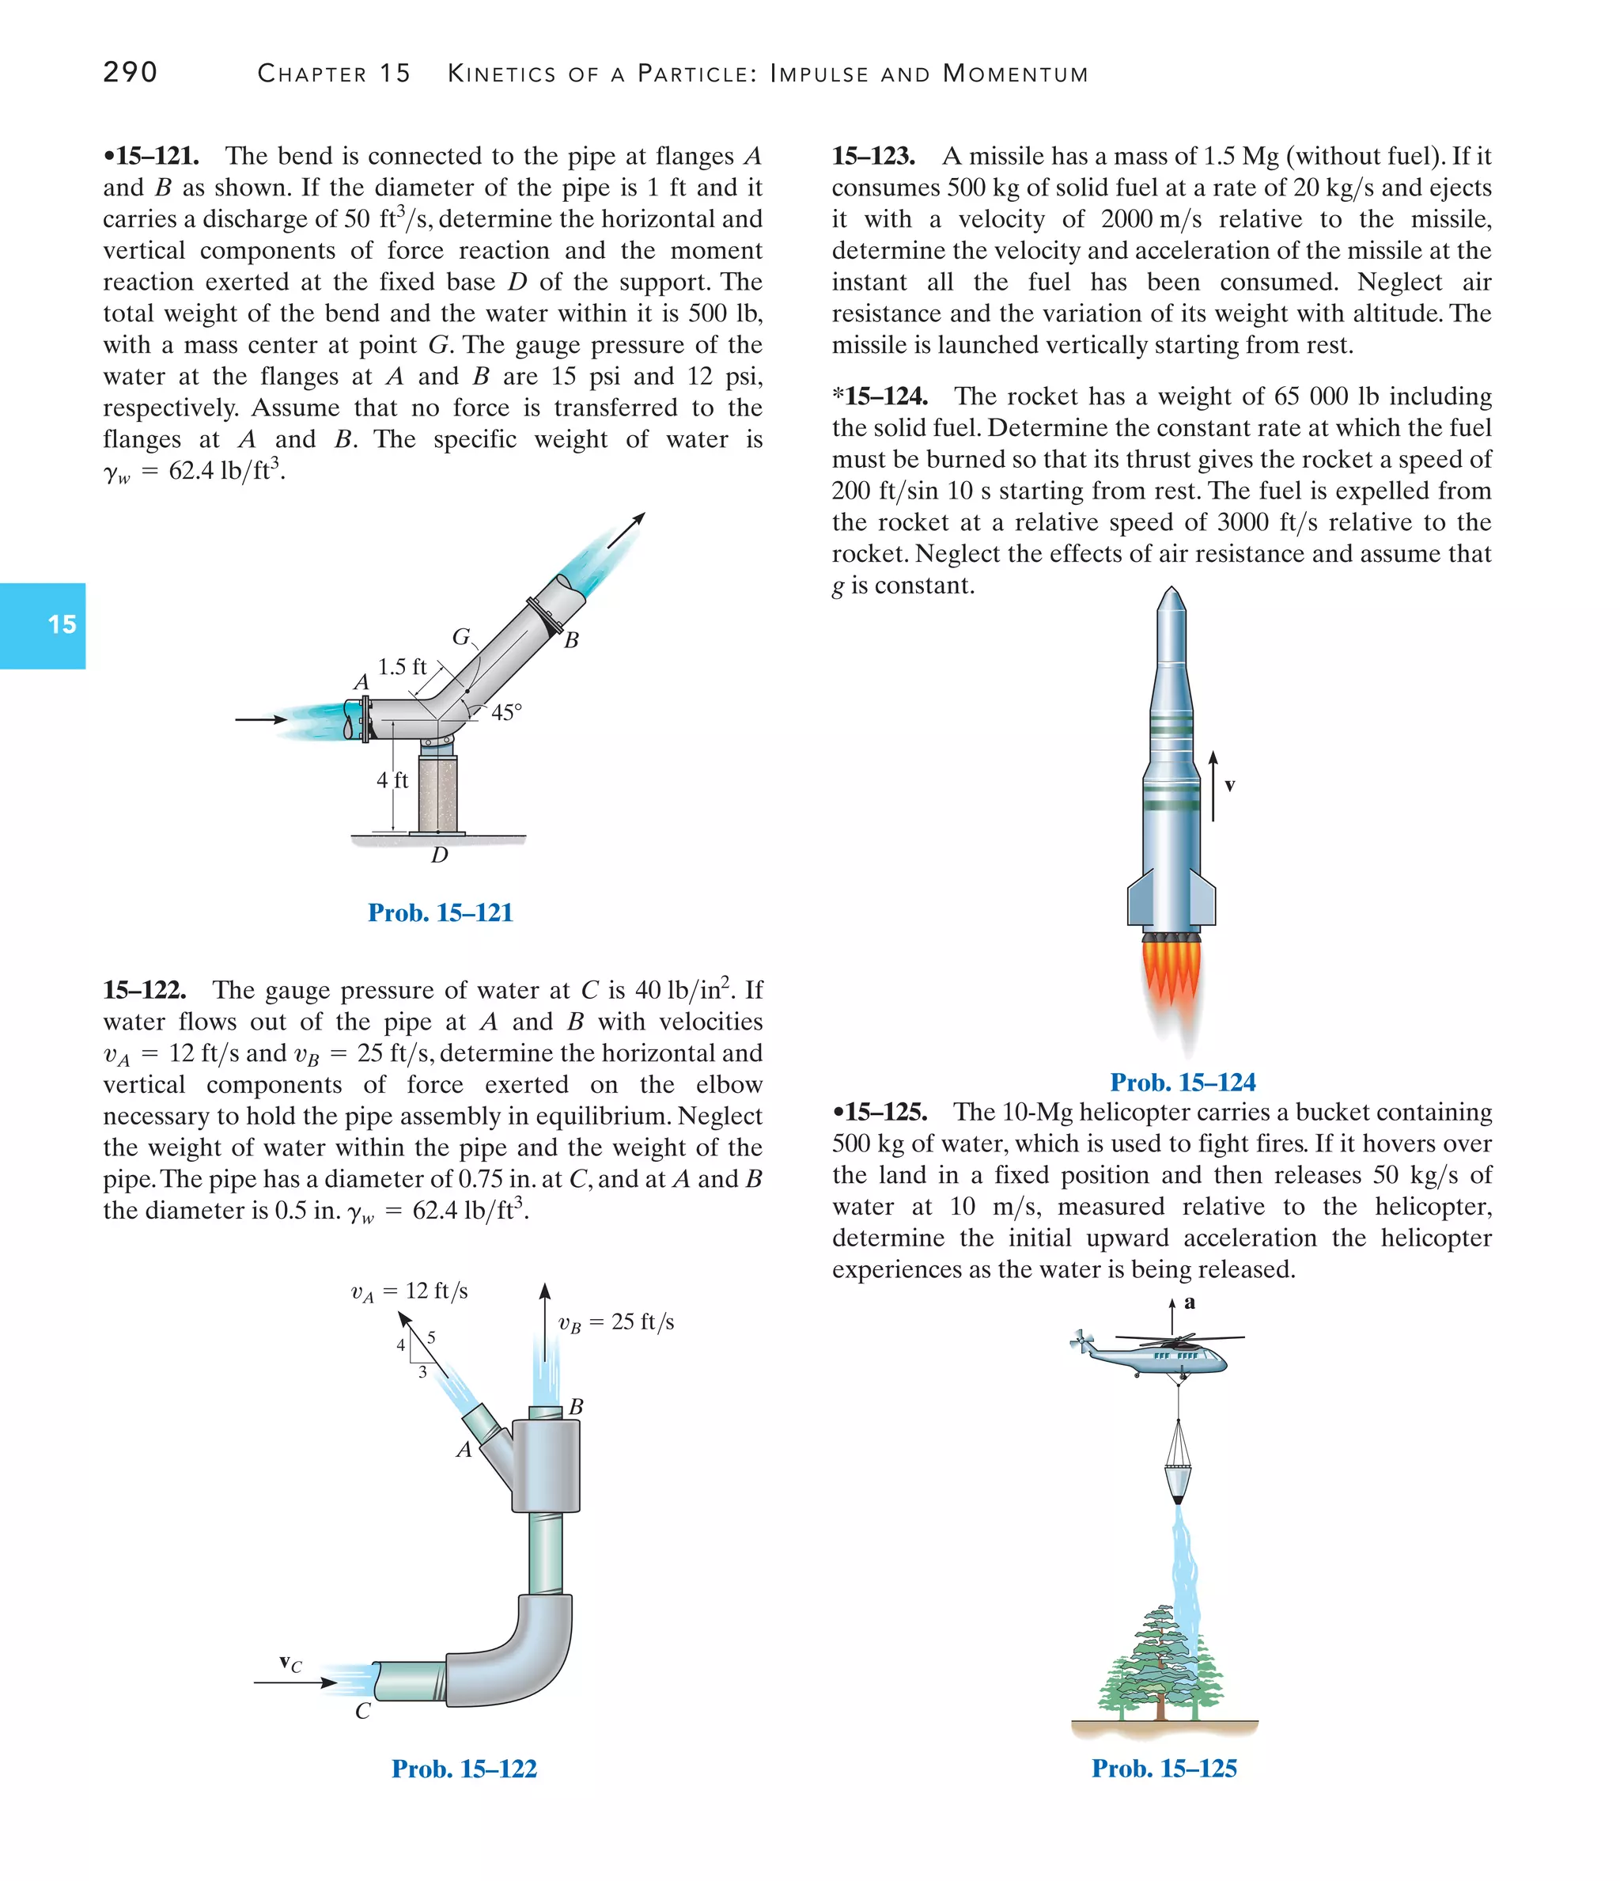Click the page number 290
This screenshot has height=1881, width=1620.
point(130,73)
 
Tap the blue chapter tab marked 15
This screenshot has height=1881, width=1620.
point(43,624)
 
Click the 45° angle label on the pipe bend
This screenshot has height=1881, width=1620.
point(506,713)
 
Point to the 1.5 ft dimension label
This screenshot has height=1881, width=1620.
point(401,667)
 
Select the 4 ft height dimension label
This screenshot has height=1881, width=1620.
point(392,779)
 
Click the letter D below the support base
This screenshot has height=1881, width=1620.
point(439,855)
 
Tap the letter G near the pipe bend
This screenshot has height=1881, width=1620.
point(461,637)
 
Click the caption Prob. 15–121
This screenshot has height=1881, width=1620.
point(440,912)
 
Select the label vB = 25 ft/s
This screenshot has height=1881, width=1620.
point(615,1322)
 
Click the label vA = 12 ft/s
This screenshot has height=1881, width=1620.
point(409,1291)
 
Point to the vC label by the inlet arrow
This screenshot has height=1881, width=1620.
point(290,1663)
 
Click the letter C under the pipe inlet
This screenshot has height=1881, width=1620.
point(362,1711)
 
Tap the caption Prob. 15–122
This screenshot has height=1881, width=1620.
point(464,1769)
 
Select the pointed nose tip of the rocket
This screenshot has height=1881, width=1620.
point(1171,592)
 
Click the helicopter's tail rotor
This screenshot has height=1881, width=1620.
point(1081,1340)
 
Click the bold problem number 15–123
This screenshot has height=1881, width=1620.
point(873,156)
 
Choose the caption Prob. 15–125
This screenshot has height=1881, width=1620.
point(1164,1768)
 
